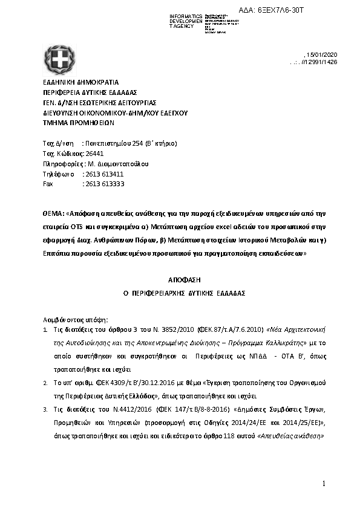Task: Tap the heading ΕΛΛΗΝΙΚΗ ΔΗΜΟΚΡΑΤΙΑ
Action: (80, 82)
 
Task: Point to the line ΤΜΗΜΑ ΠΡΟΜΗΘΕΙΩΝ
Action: (78, 122)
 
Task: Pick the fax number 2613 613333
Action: (103, 183)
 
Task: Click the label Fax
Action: (48, 183)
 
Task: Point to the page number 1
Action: (324, 483)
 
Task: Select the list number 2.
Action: (45, 383)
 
